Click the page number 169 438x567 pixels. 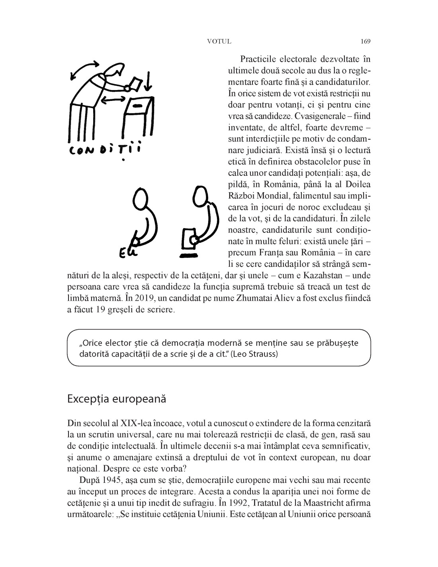pos(366,41)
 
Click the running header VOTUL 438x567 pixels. pos(219,41)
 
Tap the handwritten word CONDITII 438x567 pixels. pos(105,150)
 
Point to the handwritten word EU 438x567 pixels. pos(128,252)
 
